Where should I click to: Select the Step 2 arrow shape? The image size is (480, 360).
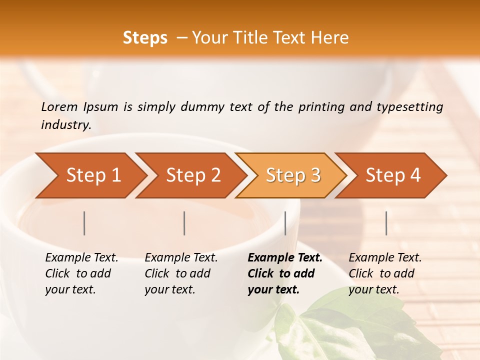[x=192, y=175]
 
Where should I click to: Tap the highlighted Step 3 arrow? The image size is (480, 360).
[x=292, y=175]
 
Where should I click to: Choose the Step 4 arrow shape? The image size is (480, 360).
[x=392, y=175]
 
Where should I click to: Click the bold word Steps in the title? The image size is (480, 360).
[x=145, y=38]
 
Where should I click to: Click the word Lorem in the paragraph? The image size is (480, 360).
[x=59, y=107]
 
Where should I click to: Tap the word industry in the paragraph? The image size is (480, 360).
[x=66, y=125]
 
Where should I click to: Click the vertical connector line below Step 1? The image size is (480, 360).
[x=84, y=223]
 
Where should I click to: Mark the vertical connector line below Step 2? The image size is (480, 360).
[x=184, y=223]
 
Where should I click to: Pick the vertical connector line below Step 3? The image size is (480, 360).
[x=285, y=223]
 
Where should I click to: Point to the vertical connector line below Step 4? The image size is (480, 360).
[x=386, y=223]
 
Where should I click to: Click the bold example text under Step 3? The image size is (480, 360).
[x=285, y=273]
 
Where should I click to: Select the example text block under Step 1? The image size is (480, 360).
[x=81, y=273]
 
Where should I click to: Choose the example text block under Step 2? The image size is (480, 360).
[x=181, y=273]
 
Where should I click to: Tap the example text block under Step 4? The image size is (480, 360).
[x=385, y=273]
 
